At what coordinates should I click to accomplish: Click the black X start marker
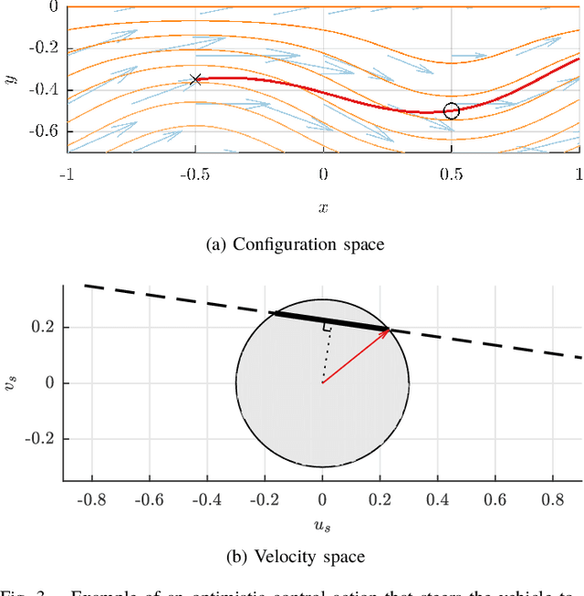click(x=194, y=79)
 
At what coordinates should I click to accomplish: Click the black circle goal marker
click(x=452, y=111)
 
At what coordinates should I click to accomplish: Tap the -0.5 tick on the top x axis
click(x=193, y=173)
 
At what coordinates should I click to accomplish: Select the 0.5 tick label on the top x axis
click(x=450, y=173)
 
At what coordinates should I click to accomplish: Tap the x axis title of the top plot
click(x=323, y=207)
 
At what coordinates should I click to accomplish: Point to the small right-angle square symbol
click(x=325, y=326)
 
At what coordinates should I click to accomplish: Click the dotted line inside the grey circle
click(x=323, y=356)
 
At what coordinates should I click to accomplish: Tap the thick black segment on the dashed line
click(x=328, y=321)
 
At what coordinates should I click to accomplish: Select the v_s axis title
click(x=10, y=382)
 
